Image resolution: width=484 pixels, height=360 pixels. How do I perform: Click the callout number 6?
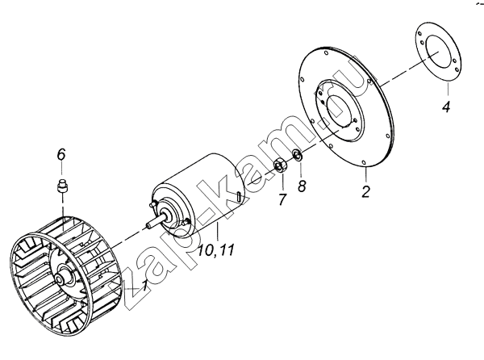coord(61,154)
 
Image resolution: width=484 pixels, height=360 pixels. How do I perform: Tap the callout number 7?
coord(282,199)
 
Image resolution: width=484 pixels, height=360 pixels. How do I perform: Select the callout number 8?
coord(302,186)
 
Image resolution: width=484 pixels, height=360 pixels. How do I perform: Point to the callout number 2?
coord(365,191)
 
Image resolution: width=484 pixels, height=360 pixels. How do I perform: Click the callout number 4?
coord(446,107)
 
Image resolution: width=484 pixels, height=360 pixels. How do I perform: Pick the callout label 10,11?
coord(216,249)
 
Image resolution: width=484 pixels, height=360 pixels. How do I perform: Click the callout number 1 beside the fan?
coord(144,286)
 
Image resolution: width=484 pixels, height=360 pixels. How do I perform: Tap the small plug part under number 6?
coord(63,186)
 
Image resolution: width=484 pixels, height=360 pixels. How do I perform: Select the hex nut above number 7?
coord(281,165)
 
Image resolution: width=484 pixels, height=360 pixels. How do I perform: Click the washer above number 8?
coord(297,155)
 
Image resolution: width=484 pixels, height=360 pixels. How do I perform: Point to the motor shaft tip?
coord(148,227)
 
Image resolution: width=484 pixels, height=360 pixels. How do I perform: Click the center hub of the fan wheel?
coord(60,279)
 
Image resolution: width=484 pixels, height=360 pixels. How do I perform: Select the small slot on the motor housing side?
coord(240,196)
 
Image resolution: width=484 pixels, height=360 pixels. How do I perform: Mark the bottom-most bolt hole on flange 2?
coord(364,162)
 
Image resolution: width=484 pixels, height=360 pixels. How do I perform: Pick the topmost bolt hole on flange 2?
coord(327,52)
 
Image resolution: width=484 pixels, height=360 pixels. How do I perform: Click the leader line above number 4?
coord(448,90)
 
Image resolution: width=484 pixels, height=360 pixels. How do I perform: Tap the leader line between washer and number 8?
coord(299,169)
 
